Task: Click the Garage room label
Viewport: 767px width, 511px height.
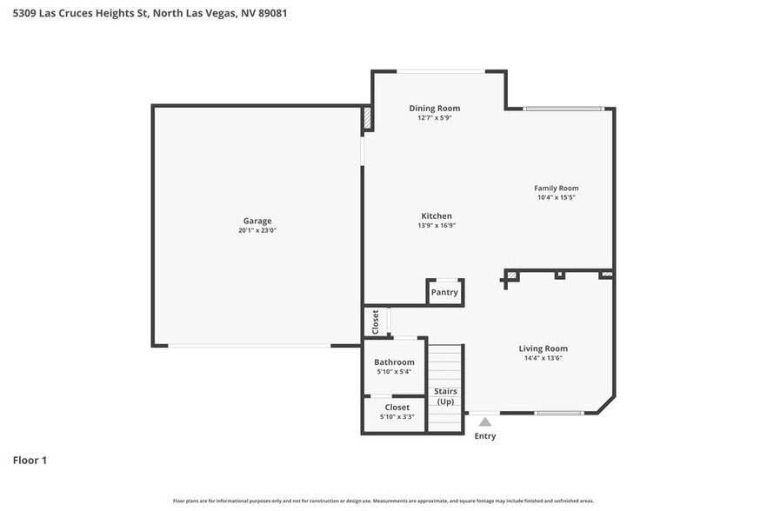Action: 257,221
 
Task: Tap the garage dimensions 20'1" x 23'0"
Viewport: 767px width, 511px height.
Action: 257,230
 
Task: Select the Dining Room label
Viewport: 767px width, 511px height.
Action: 435,109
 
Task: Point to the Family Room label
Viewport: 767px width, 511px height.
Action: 556,188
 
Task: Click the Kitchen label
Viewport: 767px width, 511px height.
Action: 437,216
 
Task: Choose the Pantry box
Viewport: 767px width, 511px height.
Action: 444,293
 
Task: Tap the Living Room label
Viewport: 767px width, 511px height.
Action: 544,348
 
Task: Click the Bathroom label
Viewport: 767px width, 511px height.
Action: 394,362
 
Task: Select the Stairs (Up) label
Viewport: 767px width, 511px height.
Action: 445,396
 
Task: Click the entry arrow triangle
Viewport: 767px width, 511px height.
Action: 485,421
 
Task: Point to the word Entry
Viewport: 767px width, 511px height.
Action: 485,436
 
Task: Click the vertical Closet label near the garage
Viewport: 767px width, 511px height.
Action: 376,322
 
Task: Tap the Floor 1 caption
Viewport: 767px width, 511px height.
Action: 30,460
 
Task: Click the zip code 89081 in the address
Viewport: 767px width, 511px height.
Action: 273,14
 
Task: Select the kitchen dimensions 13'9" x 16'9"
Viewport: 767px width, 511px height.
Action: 437,225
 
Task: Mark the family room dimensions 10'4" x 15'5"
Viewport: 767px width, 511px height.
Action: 556,197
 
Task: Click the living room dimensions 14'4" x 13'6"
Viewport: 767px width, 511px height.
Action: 544,358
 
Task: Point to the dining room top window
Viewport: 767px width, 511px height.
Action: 441,71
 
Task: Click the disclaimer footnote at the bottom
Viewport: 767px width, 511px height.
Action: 383,501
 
